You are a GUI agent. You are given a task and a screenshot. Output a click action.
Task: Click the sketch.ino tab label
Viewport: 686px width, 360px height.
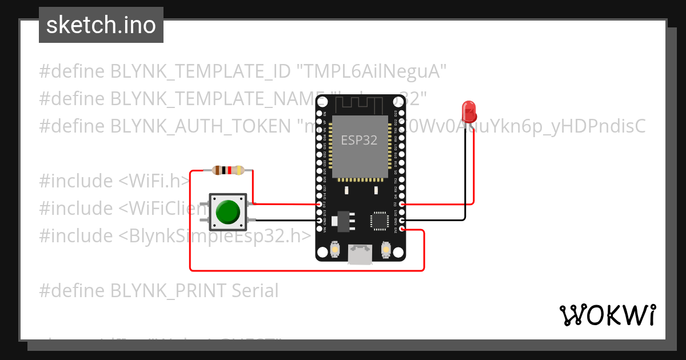(101, 25)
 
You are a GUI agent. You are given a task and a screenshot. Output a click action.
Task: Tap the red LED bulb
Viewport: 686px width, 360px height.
(469, 111)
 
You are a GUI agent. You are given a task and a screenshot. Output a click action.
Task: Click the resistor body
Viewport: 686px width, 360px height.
(228, 170)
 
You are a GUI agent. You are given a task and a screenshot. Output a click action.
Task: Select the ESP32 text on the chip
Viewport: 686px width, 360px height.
(359, 140)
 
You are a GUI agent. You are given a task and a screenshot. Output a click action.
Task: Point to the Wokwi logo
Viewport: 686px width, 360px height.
(607, 315)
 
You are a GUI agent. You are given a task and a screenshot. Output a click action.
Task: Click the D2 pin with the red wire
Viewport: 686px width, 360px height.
(402, 204)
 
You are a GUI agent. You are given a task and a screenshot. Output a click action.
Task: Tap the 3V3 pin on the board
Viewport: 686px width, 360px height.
(402, 229)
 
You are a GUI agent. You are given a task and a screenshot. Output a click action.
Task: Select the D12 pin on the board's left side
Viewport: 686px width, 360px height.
(319, 204)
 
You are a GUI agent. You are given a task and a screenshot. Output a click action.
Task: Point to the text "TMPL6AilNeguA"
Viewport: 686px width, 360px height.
(371, 71)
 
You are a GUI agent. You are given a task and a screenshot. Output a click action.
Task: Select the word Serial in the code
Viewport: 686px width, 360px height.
(254, 291)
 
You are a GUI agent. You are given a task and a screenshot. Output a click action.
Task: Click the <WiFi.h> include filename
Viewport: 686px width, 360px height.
(155, 181)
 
